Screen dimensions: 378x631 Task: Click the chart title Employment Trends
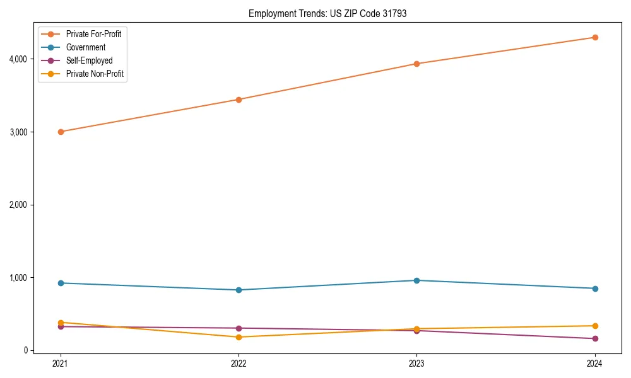[x=327, y=13]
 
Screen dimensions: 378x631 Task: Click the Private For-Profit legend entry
[x=93, y=34]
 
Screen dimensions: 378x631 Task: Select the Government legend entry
[x=86, y=47]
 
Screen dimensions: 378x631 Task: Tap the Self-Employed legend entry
[x=89, y=60]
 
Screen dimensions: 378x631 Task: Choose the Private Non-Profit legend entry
[x=95, y=74]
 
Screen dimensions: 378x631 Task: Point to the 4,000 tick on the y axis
[x=18, y=59]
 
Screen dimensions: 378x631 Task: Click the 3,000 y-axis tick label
[x=18, y=132]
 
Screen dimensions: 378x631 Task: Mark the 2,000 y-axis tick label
[x=18, y=205]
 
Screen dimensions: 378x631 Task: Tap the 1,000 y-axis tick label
[x=18, y=278]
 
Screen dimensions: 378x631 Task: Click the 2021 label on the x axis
[x=61, y=364]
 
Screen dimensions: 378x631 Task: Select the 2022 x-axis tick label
[x=239, y=364]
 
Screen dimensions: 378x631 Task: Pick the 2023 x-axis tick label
[x=416, y=364]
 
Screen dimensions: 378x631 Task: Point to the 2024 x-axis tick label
[x=594, y=364]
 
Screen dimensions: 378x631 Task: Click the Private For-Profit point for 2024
[x=594, y=37]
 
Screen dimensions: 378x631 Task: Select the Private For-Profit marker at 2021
[x=61, y=132]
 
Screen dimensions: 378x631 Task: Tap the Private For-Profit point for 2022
[x=239, y=100]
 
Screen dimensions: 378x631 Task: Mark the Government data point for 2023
[x=416, y=280]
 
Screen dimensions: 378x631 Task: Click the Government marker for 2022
[x=239, y=290]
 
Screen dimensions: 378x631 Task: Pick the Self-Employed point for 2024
[x=594, y=339]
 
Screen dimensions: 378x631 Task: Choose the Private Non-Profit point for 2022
[x=239, y=337]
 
